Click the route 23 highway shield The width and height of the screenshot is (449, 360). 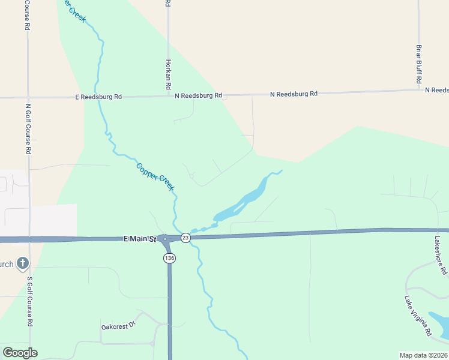coord(186,238)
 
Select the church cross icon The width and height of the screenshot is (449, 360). coord(22,263)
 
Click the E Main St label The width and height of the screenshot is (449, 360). coord(139,239)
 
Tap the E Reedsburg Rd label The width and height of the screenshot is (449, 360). coord(99,97)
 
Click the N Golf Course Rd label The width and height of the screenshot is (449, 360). coord(28,129)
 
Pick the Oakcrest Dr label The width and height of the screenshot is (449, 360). coord(119,326)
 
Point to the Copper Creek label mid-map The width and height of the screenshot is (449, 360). coord(155,177)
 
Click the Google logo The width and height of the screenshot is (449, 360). coord(19,353)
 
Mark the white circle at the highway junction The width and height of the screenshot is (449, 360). coord(164,239)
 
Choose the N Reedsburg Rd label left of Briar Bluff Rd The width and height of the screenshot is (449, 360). coord(294,94)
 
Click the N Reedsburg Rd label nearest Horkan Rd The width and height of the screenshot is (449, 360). coord(199,95)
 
